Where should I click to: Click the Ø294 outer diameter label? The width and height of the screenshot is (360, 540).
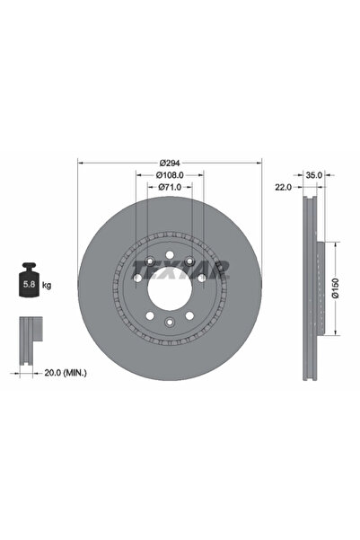pyautogui.click(x=170, y=163)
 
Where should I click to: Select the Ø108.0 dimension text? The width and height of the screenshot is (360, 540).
pyautogui.click(x=170, y=175)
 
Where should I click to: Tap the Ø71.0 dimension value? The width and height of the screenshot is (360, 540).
pyautogui.click(x=170, y=188)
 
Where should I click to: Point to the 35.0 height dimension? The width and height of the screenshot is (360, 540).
pyautogui.click(x=314, y=175)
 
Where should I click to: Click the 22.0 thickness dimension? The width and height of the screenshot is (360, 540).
pyautogui.click(x=283, y=188)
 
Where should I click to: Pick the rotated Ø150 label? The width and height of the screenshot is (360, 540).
pyautogui.click(x=336, y=288)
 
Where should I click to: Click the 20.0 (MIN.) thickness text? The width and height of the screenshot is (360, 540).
pyautogui.click(x=66, y=373)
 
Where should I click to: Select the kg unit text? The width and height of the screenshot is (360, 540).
pyautogui.click(x=47, y=285)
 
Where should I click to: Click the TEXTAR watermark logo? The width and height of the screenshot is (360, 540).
pyautogui.click(x=180, y=270)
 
